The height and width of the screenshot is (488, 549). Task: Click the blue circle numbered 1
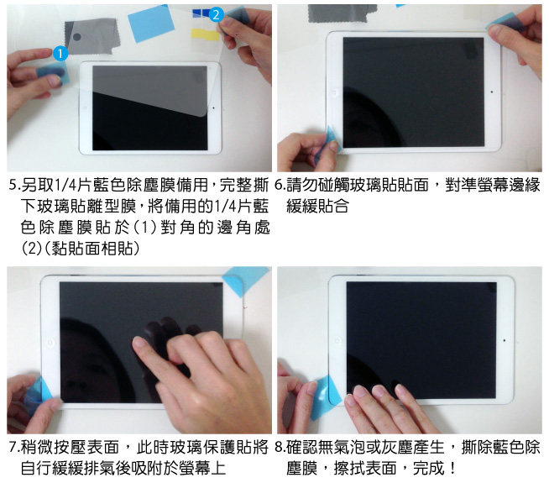pos(60,53)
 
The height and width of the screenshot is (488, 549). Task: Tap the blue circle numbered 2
pos(217,14)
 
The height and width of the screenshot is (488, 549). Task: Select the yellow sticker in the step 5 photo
pos(205,34)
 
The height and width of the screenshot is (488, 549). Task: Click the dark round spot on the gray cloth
pos(77,36)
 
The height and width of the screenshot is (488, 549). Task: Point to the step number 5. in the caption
pos(14,185)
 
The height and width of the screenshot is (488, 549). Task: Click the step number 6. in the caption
pos(280,185)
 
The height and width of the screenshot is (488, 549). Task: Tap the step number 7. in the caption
pos(14,447)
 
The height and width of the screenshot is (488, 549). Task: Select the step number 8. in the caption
pos(280,447)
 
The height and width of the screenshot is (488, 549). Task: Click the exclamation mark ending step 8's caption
pos(452,468)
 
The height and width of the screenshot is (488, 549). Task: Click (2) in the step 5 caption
pos(32,249)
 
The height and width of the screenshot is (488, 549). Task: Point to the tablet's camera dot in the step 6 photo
pos(492,92)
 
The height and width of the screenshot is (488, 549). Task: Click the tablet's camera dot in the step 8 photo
pos(505,340)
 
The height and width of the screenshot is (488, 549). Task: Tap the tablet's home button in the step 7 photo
pos(50,342)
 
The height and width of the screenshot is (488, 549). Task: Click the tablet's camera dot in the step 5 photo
pos(213,108)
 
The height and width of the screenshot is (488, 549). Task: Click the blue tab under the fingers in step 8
pos(326,396)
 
